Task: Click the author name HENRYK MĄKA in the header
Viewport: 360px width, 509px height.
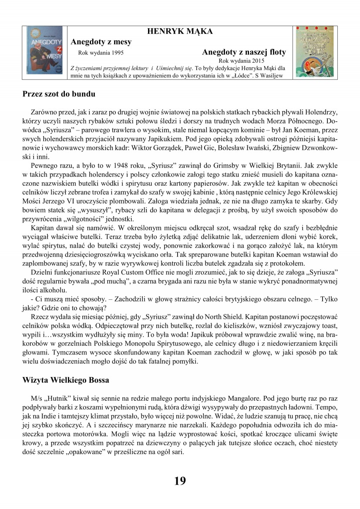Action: pos(180,31)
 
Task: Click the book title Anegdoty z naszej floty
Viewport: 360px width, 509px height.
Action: pos(244,52)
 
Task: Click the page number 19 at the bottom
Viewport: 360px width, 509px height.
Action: pos(180,480)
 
